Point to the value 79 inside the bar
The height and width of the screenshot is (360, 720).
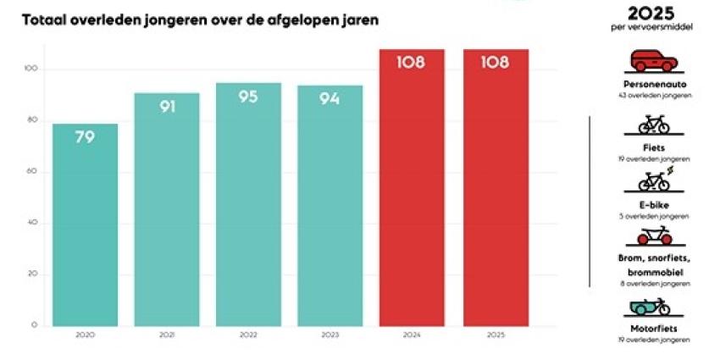[x=85, y=137]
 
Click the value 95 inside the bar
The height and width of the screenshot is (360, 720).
[x=248, y=97]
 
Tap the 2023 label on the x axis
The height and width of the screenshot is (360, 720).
[x=330, y=335]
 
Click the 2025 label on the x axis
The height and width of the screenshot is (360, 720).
[x=496, y=335]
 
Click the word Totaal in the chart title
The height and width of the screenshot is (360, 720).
[x=45, y=18]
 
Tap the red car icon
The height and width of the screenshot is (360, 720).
[x=653, y=61]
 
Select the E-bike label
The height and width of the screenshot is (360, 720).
[x=653, y=205]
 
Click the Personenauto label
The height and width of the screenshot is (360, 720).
[x=653, y=85]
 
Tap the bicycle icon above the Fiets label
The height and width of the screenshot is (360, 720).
[x=653, y=125]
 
